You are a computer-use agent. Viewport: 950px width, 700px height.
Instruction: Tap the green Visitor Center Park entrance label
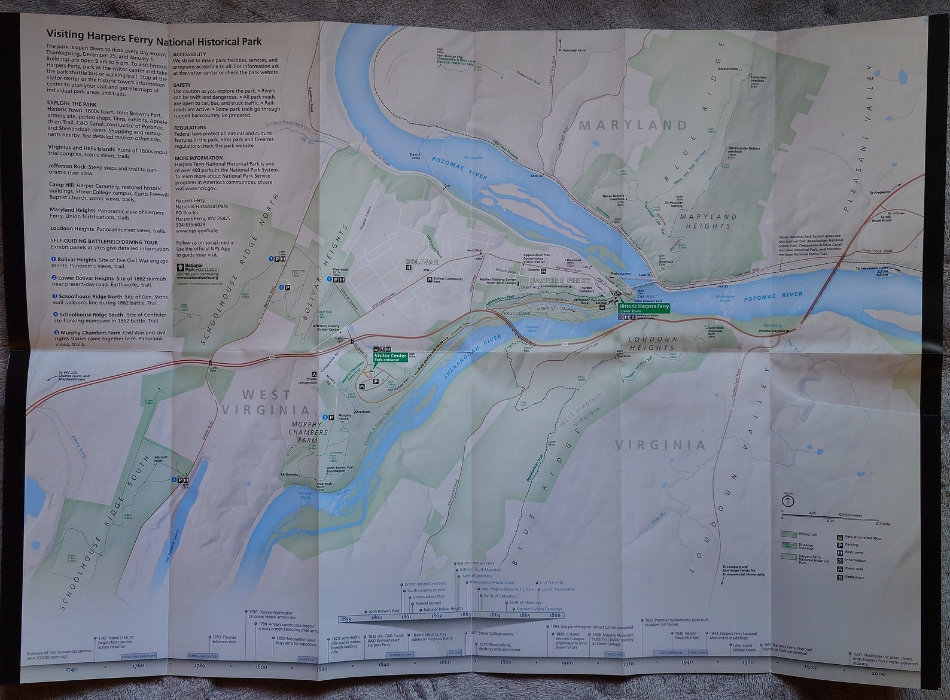pos(390,357)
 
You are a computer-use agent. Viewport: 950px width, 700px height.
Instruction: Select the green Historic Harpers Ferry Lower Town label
pos(644,308)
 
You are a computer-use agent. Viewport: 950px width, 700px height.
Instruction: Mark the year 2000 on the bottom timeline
pos(895,673)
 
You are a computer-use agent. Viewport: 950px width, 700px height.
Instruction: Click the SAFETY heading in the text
pos(182,85)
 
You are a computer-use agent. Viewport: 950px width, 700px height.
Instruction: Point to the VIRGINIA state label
pos(660,445)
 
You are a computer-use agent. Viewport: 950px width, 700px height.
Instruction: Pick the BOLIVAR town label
pos(422,262)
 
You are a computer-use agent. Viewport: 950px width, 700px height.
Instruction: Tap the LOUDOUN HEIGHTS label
pos(651,343)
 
